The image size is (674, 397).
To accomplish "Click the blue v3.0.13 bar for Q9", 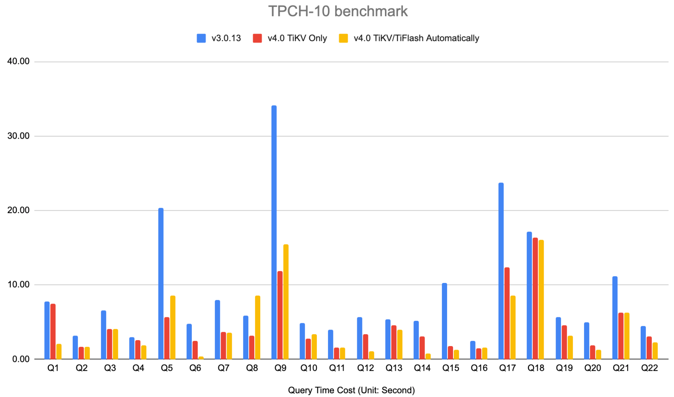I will [274, 232].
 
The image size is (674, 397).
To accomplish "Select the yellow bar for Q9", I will [286, 302].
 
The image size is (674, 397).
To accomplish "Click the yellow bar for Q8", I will [257, 327].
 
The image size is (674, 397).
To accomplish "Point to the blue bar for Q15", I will [444, 321].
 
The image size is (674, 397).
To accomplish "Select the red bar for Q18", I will [535, 298].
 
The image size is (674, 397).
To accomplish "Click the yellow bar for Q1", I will [59, 351].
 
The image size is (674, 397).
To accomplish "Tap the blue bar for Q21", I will [615, 318].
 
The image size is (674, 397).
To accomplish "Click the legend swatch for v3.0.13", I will [201, 38].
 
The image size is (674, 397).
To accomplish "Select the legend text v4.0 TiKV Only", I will [297, 38].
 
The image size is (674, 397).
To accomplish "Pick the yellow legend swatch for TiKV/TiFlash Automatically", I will [343, 38].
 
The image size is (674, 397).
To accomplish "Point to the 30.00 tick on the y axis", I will [18, 136].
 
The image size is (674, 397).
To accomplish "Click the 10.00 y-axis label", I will [18, 285].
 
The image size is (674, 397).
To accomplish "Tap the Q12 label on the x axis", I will [365, 368].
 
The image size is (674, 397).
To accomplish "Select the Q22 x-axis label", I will [649, 368].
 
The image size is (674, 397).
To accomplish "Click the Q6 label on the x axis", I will [195, 368].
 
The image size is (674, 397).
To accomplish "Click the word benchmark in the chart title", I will [371, 11].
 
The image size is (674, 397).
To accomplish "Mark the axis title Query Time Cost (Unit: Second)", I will [351, 390].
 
